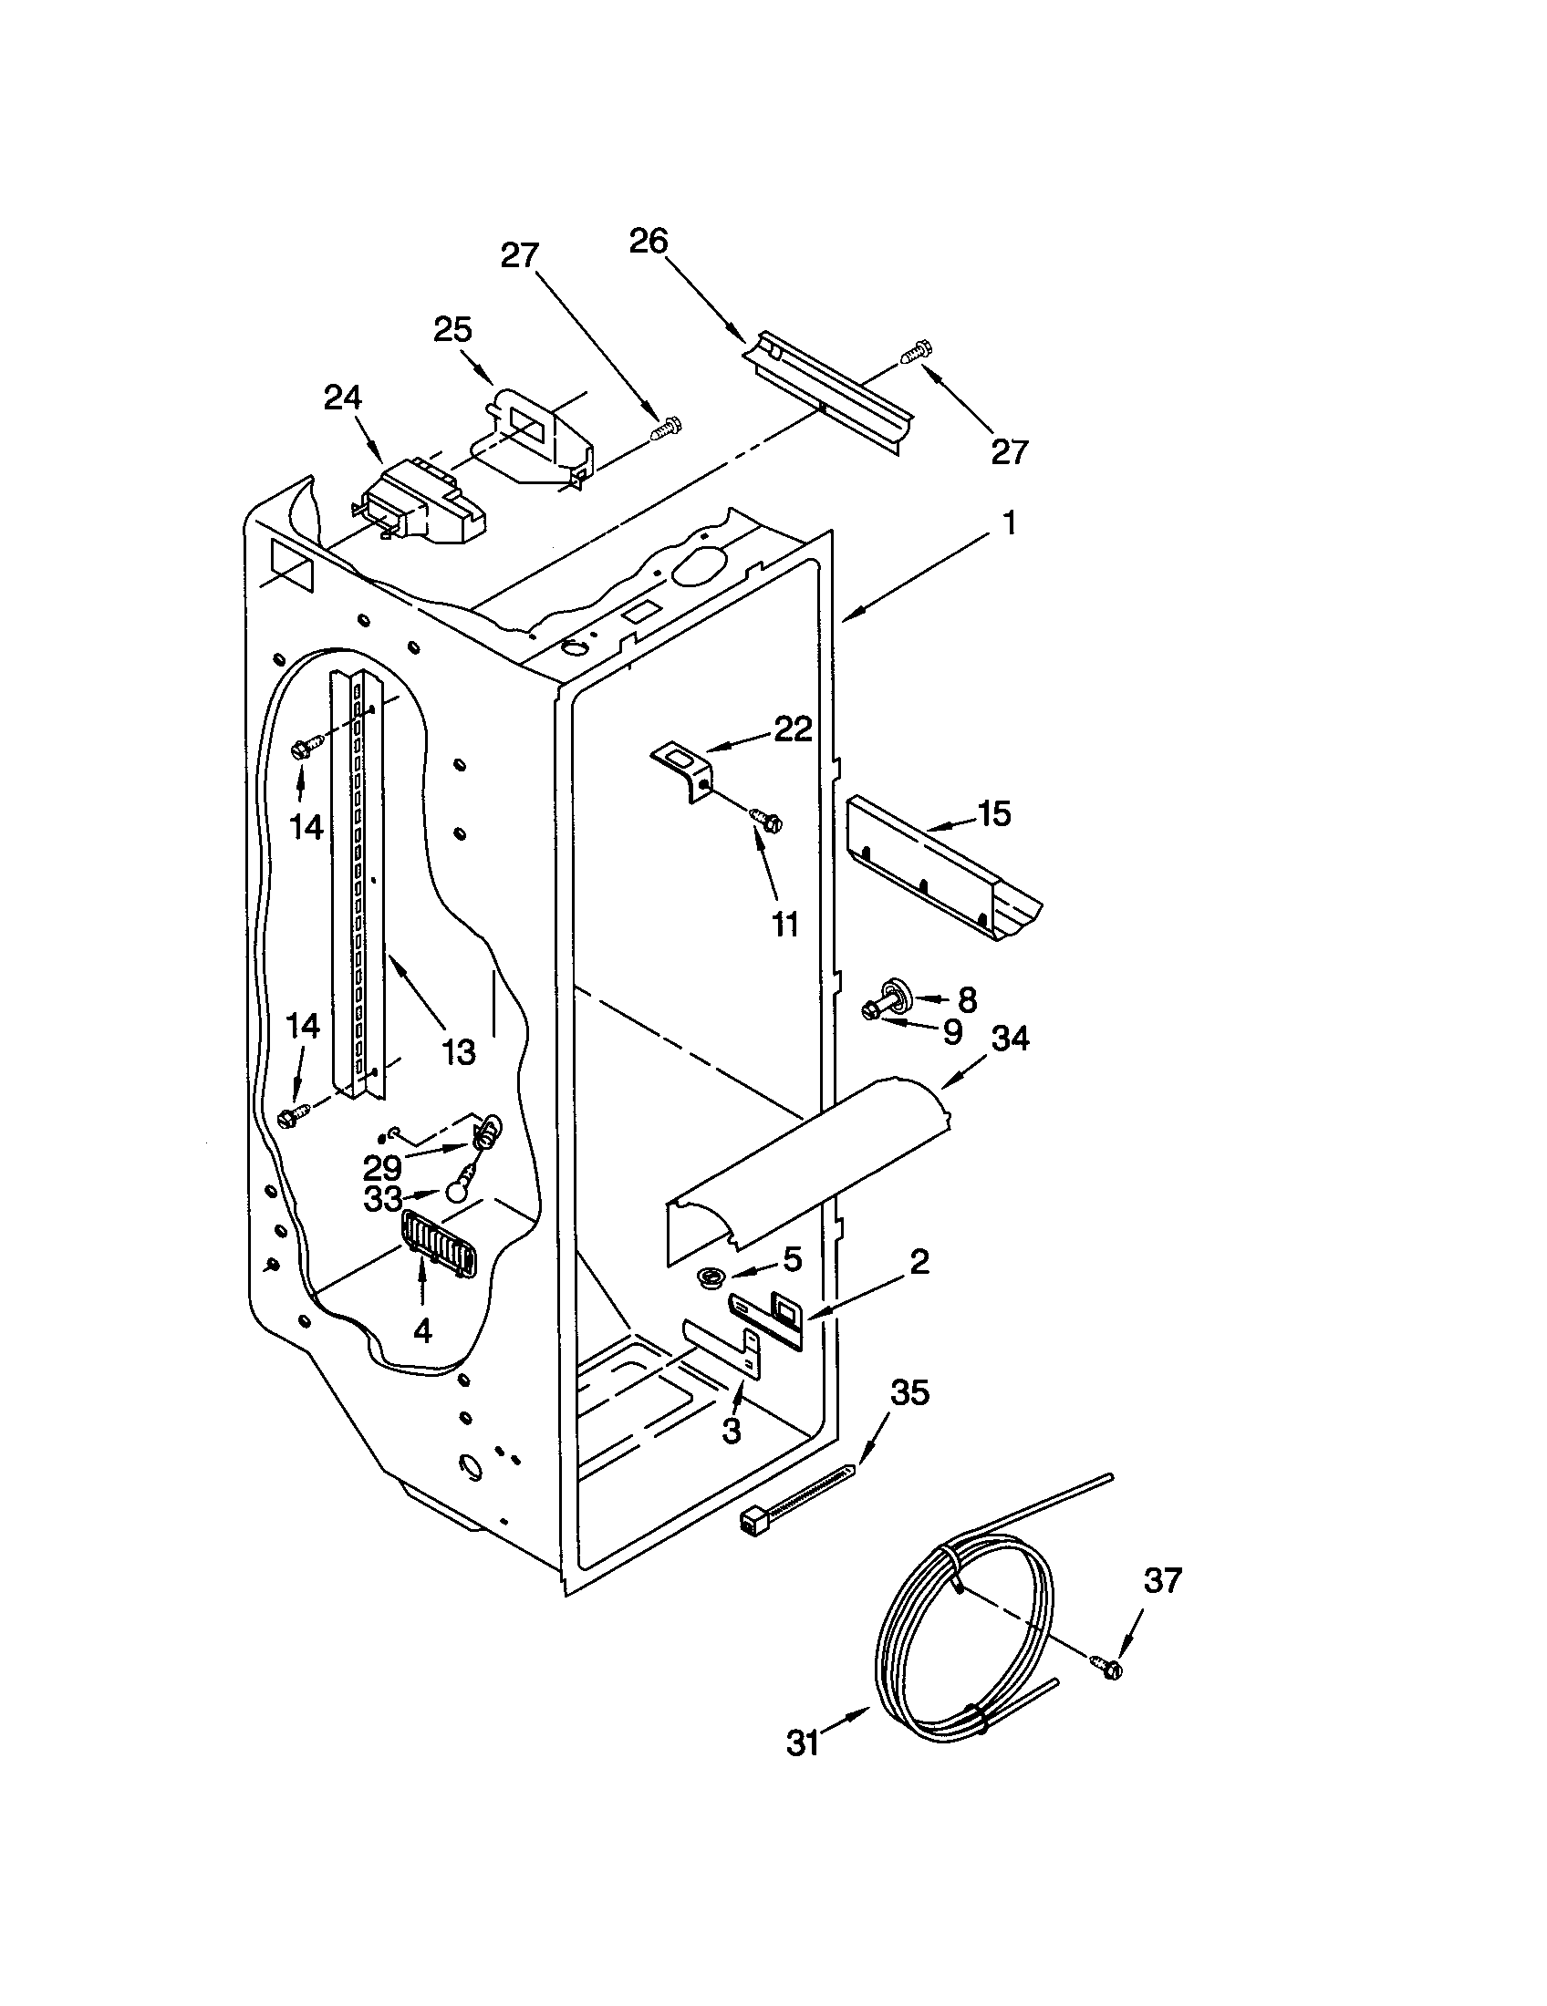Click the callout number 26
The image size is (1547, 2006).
click(x=648, y=242)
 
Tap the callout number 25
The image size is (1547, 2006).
click(x=453, y=329)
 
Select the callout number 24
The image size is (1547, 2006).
click(x=342, y=398)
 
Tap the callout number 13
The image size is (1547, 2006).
click(x=458, y=1051)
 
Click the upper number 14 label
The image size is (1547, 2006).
click(x=306, y=827)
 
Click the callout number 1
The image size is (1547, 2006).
click(x=1009, y=523)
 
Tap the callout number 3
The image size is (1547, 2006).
click(x=732, y=1430)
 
